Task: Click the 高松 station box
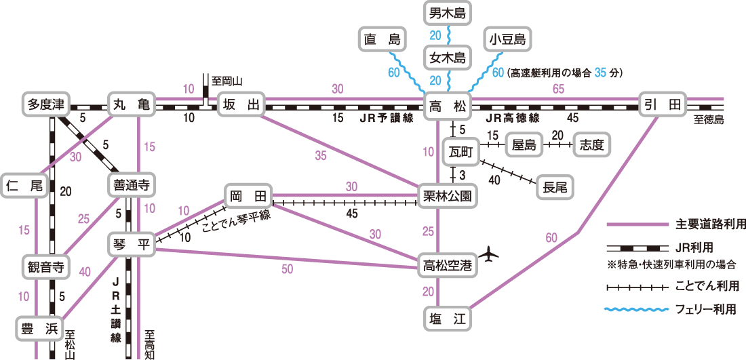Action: point(447,104)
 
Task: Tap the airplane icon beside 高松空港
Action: point(488,254)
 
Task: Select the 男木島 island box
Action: point(447,14)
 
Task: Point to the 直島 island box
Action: point(382,39)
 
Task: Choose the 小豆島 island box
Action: point(508,39)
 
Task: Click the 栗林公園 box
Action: point(447,195)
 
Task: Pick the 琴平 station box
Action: point(132,245)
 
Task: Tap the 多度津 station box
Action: point(47,104)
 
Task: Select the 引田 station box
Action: point(663,104)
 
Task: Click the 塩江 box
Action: point(447,318)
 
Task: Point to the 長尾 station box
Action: point(555,188)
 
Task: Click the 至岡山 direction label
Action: point(227,81)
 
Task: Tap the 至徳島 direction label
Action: point(708,120)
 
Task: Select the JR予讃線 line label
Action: point(386,119)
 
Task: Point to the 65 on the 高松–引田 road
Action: point(559,88)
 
